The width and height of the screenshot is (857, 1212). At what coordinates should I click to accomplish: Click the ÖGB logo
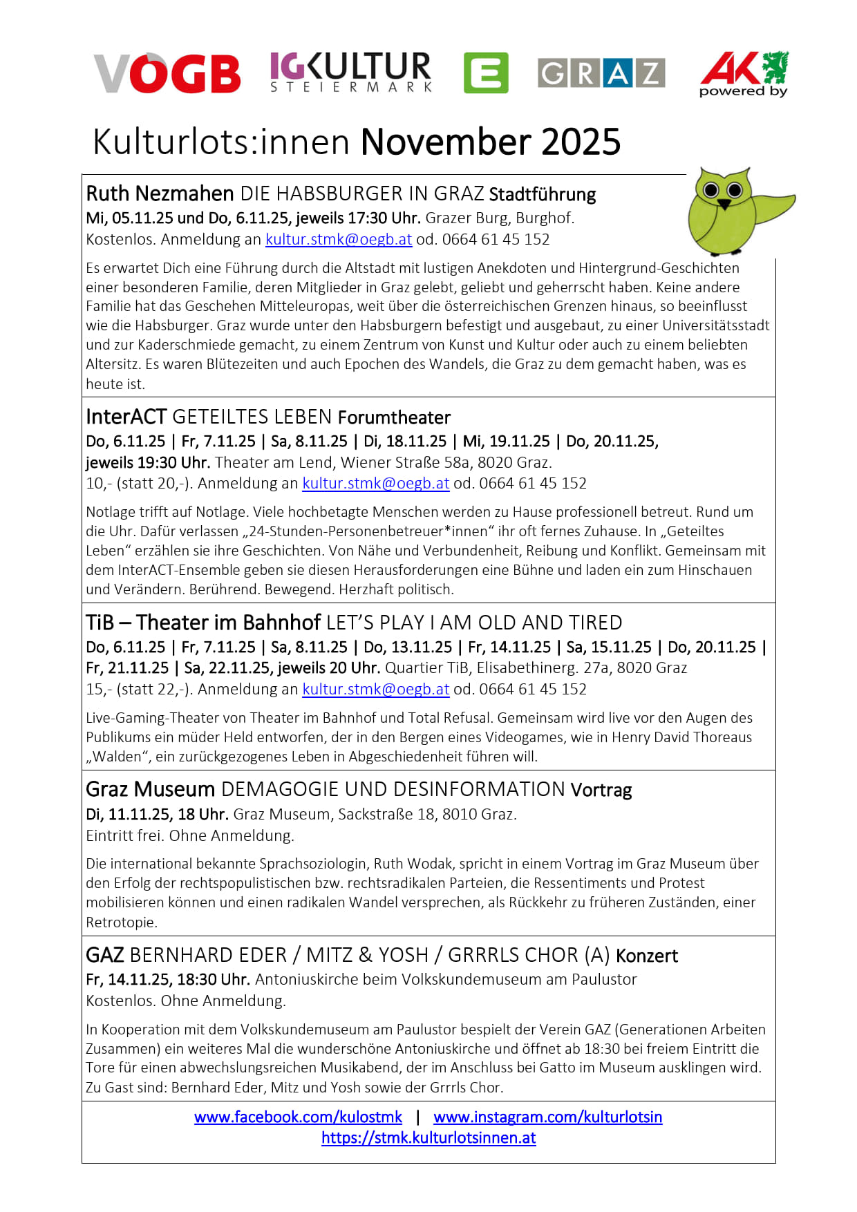(x=167, y=73)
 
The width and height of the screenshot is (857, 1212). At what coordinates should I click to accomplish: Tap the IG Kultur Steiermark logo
(x=350, y=72)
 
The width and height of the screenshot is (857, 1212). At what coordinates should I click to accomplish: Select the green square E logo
(x=486, y=73)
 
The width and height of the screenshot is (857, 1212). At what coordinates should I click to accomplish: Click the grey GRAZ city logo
(x=601, y=73)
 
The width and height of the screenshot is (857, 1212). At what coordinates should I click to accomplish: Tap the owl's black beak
(x=724, y=205)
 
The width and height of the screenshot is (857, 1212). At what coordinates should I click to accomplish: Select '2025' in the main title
(x=581, y=142)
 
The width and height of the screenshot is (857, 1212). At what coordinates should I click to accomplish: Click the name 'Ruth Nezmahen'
(x=160, y=193)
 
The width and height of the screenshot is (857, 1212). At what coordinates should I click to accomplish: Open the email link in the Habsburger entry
(x=339, y=240)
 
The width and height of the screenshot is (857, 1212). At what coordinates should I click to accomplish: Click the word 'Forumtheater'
(x=394, y=417)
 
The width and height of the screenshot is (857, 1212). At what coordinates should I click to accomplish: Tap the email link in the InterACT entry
(x=376, y=484)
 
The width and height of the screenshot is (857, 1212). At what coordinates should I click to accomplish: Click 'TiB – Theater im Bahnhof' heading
(x=203, y=623)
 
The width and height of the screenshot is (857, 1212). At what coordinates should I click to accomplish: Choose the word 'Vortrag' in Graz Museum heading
(x=601, y=790)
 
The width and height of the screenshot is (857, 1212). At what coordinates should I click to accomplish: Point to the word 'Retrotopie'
(x=121, y=922)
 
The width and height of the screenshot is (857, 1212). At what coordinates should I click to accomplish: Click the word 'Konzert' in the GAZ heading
(x=647, y=956)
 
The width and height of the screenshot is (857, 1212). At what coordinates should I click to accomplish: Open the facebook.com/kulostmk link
(x=298, y=1117)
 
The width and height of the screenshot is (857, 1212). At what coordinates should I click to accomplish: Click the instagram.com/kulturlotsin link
(x=547, y=1117)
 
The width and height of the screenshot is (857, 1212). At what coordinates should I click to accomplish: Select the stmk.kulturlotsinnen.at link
(x=428, y=1138)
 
